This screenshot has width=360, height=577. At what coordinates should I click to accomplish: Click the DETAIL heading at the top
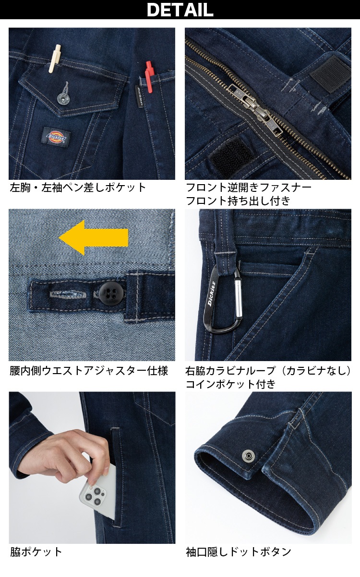(180, 10)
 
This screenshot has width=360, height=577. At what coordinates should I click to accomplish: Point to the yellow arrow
(93, 237)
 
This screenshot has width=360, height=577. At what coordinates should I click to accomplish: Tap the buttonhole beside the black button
(69, 292)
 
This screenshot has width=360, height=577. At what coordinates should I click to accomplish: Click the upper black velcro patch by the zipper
(329, 72)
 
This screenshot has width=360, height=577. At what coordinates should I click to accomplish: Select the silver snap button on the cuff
(249, 455)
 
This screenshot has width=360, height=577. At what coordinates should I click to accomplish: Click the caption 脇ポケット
(36, 552)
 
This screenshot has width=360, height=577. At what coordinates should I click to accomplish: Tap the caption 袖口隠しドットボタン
(239, 552)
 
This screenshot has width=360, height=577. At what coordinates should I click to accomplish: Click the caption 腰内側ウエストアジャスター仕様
(89, 371)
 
